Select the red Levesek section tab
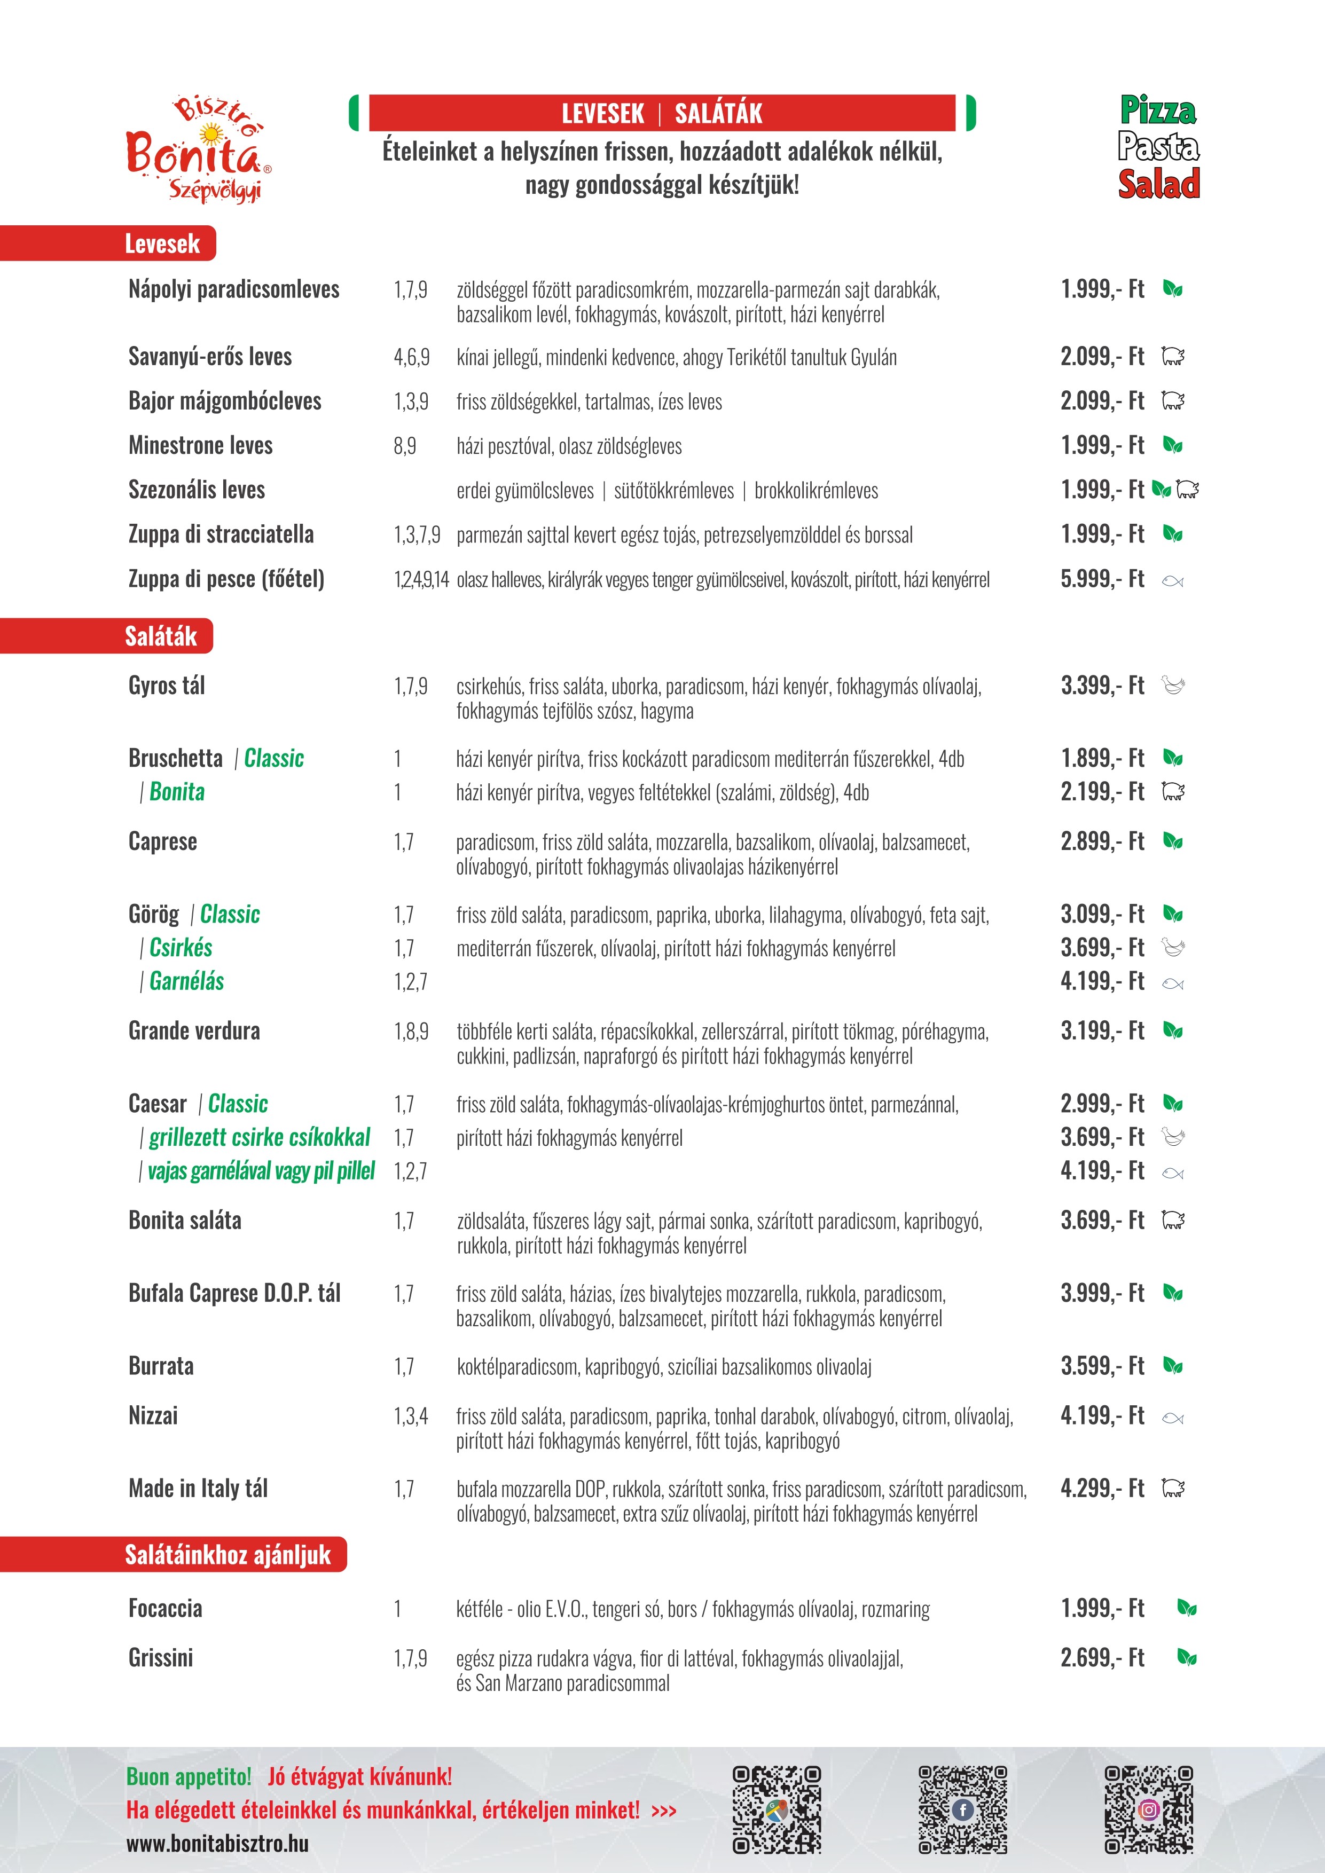pos(161,243)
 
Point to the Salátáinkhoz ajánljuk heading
pos(227,1555)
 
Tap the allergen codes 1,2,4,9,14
pos(421,580)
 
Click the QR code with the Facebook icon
pos(963,1809)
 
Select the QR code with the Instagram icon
pos(1149,1809)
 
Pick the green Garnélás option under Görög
pos(186,981)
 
